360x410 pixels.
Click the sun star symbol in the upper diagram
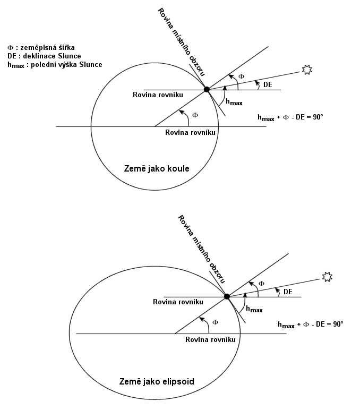coord(307,70)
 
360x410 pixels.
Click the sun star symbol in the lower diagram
coord(327,277)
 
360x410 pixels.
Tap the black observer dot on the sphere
coord(207,89)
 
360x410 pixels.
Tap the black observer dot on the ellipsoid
coord(227,296)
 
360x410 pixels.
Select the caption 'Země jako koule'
coord(157,168)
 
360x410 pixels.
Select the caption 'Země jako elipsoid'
coord(157,381)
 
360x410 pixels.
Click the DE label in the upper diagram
coord(268,84)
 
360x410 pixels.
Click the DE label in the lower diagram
coord(288,292)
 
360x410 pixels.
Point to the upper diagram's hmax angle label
coord(234,102)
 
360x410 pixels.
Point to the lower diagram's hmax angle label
coord(254,309)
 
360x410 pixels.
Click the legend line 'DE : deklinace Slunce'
coord(44,56)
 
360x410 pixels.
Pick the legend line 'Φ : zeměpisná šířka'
coord(41,48)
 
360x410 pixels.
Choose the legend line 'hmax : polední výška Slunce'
coord(55,65)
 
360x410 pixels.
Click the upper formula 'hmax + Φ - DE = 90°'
coord(290,117)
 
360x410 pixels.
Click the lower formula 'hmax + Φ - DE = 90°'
coord(310,324)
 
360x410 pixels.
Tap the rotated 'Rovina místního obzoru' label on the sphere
coord(181,42)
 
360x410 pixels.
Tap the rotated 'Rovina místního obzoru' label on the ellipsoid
coord(201,249)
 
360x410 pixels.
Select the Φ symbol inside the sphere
coord(195,115)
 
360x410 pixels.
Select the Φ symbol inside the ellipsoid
coord(215,322)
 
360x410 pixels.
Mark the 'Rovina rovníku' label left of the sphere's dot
coord(158,95)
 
